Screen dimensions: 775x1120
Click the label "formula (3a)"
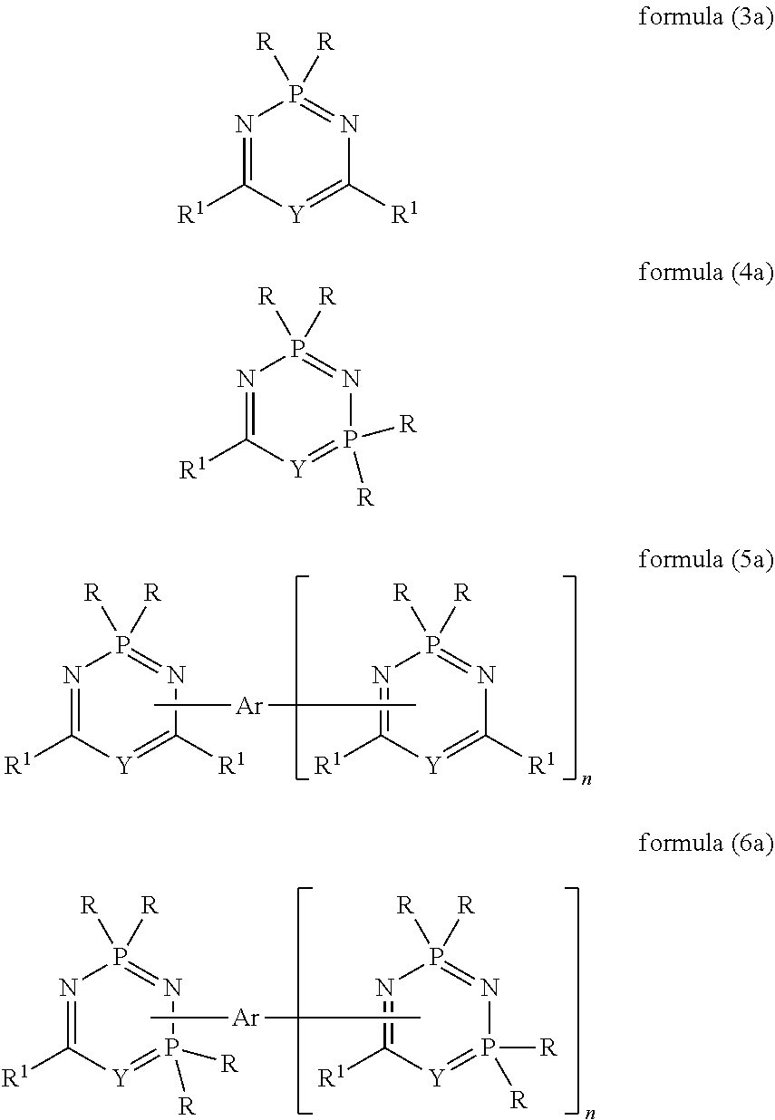[705, 17]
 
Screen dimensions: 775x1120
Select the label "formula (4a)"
[705, 273]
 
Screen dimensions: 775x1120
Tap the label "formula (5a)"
[705, 559]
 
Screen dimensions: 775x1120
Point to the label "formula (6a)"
[705, 844]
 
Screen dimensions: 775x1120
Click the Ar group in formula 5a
[248, 705]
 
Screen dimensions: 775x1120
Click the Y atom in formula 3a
[295, 215]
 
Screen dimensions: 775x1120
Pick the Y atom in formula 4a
[295, 469]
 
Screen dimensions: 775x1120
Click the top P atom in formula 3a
[295, 93]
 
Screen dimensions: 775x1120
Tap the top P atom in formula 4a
[295, 348]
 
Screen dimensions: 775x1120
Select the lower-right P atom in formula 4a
[349, 439]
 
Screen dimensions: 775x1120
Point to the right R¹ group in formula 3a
[404, 215]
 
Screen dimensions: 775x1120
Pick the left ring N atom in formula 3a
[243, 124]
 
